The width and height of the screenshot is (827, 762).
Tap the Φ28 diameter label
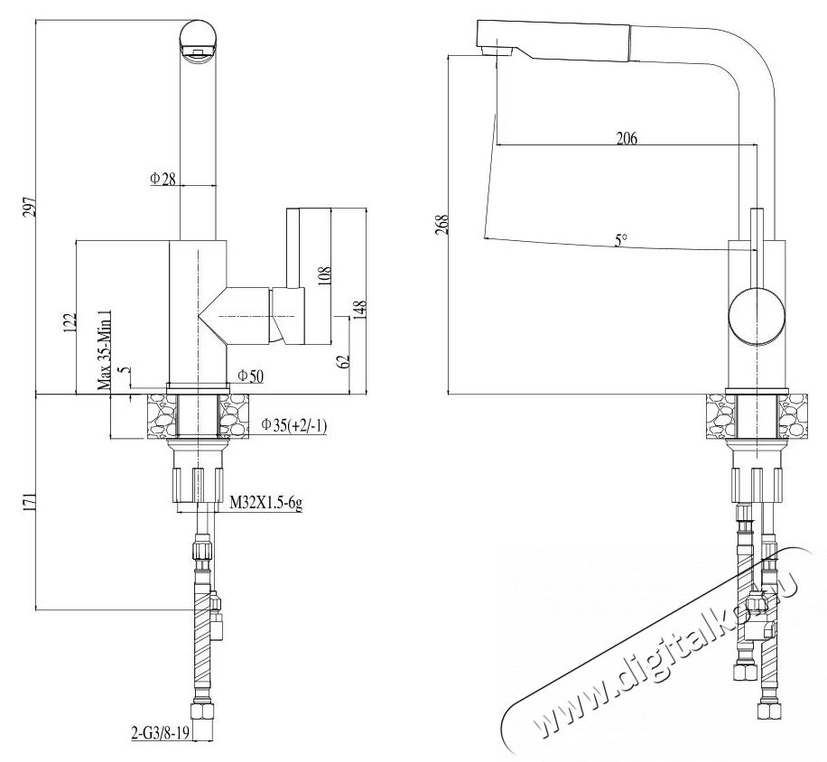[163, 179]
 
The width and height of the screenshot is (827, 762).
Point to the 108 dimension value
[325, 274]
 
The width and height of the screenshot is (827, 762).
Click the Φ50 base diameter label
[249, 376]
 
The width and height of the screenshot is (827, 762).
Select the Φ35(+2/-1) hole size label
[293, 424]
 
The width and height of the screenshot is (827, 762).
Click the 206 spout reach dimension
[626, 138]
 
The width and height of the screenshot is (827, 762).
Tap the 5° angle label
[620, 239]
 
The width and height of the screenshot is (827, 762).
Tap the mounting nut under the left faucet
[198, 479]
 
